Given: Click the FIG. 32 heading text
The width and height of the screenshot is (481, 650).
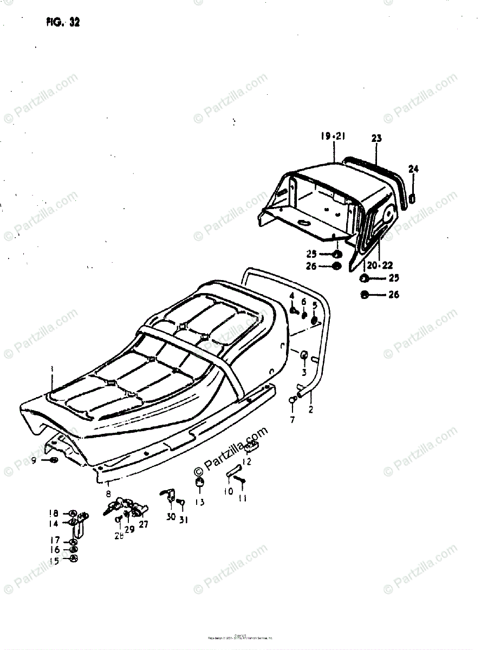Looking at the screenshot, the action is (63, 23).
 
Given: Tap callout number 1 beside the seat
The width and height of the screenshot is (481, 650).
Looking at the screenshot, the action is (52, 369).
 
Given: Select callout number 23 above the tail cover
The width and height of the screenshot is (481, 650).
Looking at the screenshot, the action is (376, 139).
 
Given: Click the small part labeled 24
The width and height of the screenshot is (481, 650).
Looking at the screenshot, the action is (413, 198).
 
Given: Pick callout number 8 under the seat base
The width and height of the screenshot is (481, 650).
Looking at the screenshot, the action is (108, 494).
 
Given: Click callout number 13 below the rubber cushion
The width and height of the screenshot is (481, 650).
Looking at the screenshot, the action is (200, 502).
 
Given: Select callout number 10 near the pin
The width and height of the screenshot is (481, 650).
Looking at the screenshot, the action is (227, 491).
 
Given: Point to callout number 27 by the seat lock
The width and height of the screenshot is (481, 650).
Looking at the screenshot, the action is (143, 524).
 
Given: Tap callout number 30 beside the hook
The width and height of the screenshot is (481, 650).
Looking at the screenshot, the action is (171, 517).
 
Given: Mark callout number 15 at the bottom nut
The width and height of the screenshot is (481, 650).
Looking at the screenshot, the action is (54, 560).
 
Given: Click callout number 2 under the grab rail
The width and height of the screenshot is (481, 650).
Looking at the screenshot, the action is (311, 410).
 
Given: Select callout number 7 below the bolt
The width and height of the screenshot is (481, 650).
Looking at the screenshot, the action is (292, 420).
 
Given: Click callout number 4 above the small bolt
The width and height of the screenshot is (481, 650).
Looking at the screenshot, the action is (291, 296).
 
